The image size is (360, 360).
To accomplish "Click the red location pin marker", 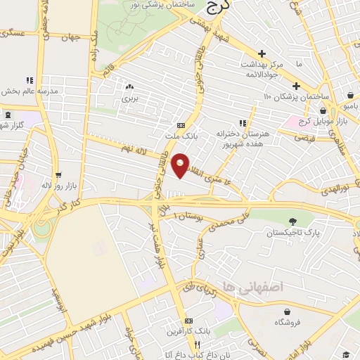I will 181,164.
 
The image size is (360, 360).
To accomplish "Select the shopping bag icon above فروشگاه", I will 287,311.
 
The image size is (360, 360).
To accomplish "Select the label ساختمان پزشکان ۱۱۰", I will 295,95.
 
